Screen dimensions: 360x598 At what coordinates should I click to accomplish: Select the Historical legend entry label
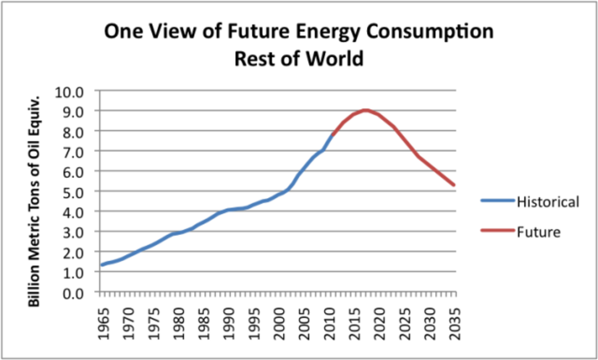click(548, 202)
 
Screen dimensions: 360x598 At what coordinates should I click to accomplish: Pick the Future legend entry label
click(539, 231)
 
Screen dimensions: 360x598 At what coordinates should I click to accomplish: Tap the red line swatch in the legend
click(497, 231)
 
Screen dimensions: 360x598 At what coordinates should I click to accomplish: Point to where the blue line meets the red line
click(332, 135)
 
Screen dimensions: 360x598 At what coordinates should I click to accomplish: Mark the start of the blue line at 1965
click(102, 265)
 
